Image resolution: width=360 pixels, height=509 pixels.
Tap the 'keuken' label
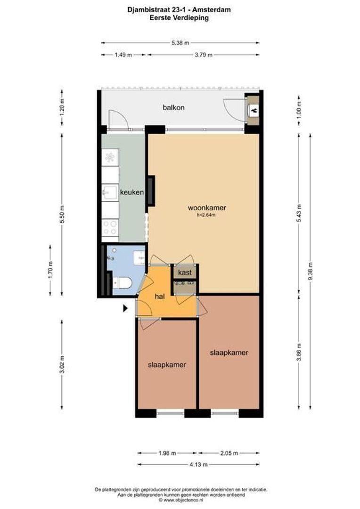(131, 192)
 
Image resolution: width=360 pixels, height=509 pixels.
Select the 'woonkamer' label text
(206, 207)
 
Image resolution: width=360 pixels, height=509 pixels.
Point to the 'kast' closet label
(184, 272)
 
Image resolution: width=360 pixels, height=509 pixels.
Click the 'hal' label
(160, 296)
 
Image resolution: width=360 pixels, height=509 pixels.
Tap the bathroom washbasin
(139, 257)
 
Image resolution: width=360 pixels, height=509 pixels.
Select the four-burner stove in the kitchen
(110, 228)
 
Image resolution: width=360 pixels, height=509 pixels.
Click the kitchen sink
(109, 192)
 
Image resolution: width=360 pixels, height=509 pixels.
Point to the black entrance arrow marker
(125, 308)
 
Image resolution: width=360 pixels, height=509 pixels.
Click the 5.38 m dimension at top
(180, 43)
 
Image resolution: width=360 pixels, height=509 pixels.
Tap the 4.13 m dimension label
(198, 464)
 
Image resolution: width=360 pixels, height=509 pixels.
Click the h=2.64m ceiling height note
(206, 215)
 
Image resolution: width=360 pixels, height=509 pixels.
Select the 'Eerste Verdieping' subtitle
(179, 17)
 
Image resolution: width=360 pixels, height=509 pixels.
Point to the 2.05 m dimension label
(229, 453)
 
